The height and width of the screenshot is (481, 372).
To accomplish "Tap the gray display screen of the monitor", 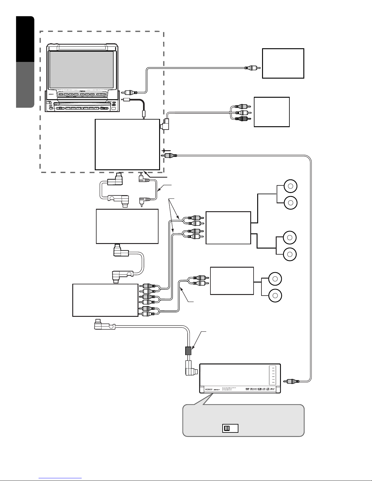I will tap(81, 70).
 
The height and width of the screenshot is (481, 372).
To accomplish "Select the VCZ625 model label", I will tap(208, 389).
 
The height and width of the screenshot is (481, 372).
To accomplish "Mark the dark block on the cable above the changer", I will tap(189, 351).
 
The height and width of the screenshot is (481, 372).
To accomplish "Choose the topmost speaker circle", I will tap(290, 186).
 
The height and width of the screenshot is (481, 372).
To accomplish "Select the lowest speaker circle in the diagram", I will tap(275, 295).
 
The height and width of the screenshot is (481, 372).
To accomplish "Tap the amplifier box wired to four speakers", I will tap(228, 228).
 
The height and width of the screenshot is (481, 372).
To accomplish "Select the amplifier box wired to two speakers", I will tap(232, 281).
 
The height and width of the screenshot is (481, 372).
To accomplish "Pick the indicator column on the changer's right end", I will tap(272, 376).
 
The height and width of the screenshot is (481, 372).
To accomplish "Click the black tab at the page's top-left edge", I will tap(25, 39).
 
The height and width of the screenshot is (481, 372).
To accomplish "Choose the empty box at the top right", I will tap(283, 63).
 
